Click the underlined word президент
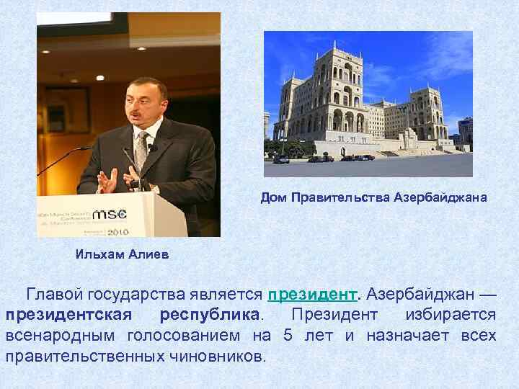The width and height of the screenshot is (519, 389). point(312,295)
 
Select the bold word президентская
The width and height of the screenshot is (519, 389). point(68,316)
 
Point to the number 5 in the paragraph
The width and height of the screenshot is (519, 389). point(288,336)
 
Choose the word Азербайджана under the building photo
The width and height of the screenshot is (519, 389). point(440,197)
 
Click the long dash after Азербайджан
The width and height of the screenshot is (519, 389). point(487,295)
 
